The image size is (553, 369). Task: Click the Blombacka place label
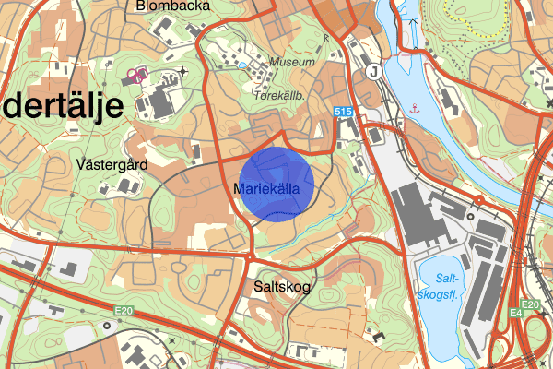171,6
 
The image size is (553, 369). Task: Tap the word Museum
292,63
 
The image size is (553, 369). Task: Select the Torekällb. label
281,95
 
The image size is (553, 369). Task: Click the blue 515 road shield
344,111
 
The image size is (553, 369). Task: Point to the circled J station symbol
373,70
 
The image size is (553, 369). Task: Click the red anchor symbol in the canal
415,109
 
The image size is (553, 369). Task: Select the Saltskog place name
281,287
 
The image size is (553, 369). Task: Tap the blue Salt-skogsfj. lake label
452,285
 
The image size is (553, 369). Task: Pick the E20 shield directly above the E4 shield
529,305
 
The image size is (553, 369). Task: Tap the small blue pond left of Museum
241,65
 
